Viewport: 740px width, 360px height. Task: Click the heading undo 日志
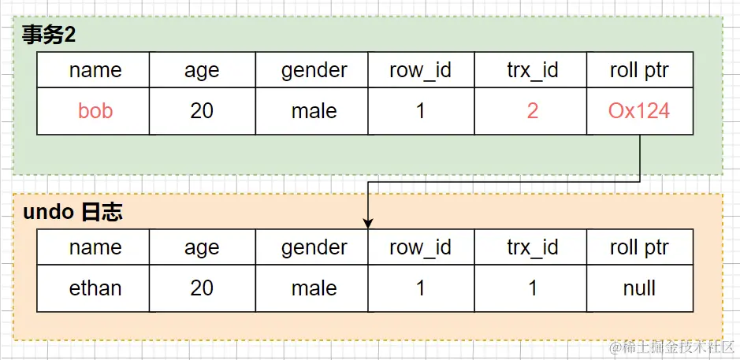[x=73, y=212]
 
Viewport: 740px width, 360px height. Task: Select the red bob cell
[x=95, y=111]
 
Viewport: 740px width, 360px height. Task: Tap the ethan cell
[x=95, y=288]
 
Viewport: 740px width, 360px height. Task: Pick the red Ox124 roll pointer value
[x=639, y=111]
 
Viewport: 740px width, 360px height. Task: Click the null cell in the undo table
[x=639, y=288]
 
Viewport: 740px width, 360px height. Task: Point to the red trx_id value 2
[x=533, y=111]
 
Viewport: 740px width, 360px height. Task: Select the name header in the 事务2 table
[x=95, y=70]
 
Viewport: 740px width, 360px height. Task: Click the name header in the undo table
[x=95, y=247]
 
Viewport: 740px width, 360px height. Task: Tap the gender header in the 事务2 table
[x=314, y=70]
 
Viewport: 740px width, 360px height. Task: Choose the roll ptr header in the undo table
[x=639, y=247]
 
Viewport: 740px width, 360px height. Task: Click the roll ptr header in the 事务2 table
[x=639, y=70]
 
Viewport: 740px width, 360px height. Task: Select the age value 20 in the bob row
[x=202, y=111]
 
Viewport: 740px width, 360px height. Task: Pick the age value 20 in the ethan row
[x=202, y=288]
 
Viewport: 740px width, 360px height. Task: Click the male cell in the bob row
[x=314, y=111]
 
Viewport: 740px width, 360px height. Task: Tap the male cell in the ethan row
[x=314, y=288]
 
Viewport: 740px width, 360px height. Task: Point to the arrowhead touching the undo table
[x=368, y=225]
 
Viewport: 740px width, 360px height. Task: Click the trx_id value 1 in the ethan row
[x=533, y=288]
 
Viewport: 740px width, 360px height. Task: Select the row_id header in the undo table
[x=420, y=247]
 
